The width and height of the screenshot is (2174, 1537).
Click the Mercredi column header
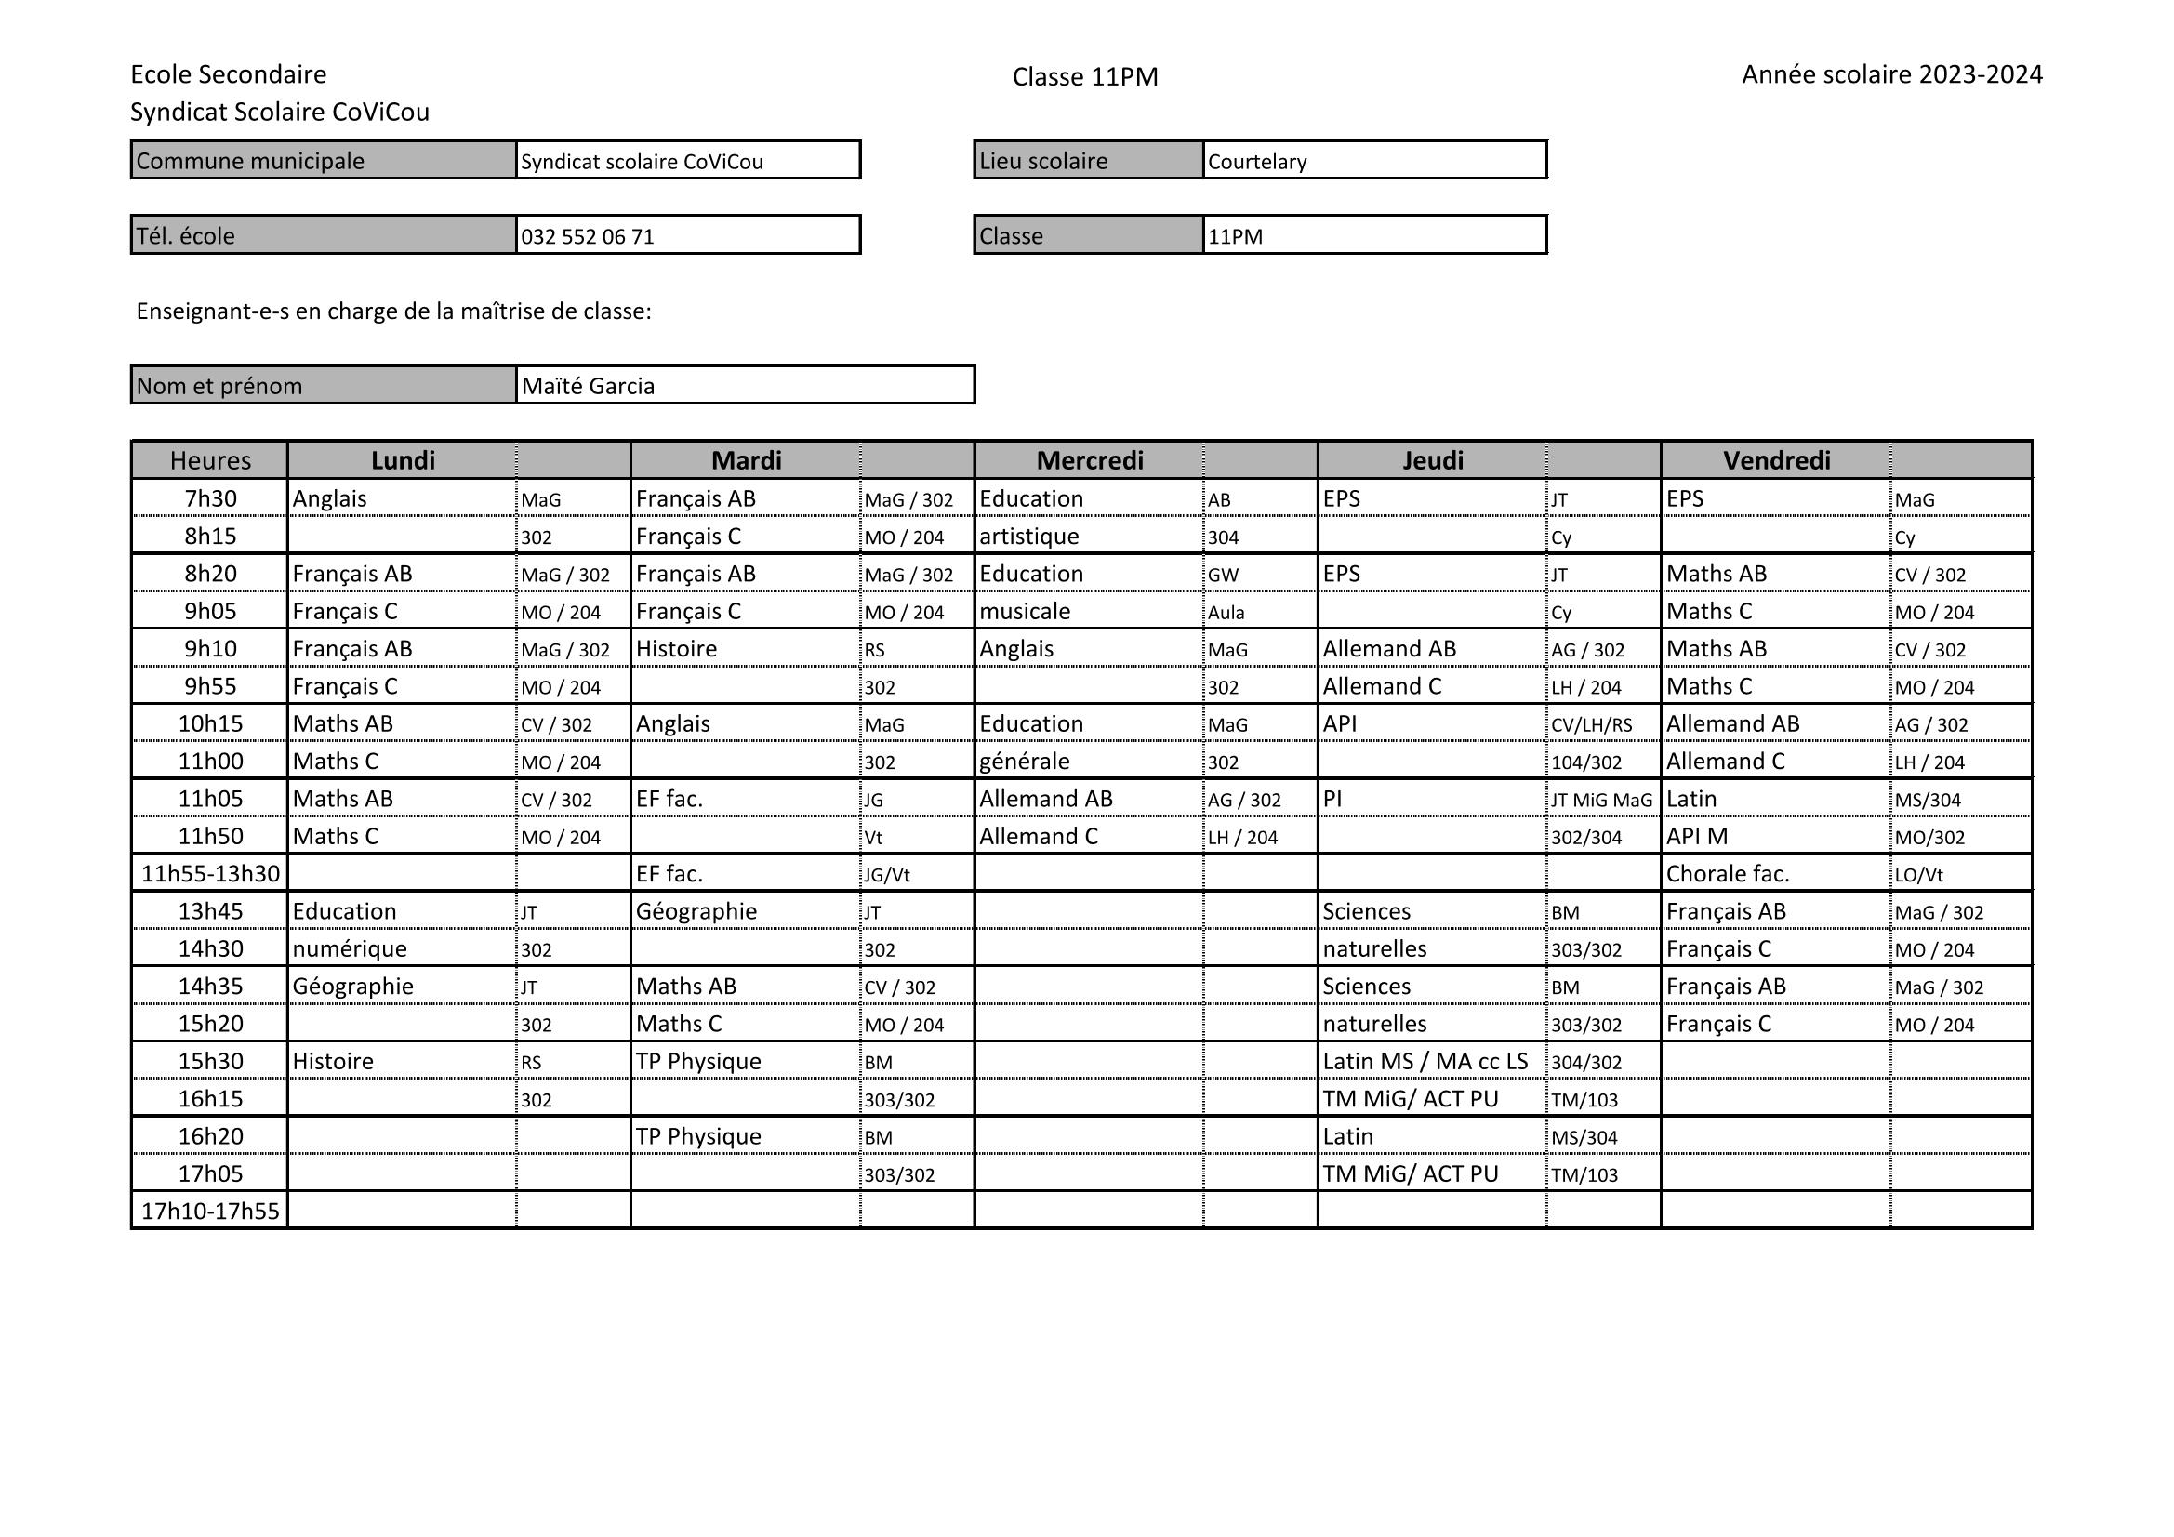[x=1089, y=460]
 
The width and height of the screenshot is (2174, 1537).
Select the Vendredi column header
[x=1775, y=460]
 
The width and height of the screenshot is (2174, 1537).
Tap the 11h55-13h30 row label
[x=210, y=873]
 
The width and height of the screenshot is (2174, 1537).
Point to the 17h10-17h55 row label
[x=210, y=1211]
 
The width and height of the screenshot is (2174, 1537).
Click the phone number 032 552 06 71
[x=587, y=236]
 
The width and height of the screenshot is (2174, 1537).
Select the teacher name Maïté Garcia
[x=587, y=386]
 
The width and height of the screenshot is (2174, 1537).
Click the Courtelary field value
[x=1256, y=161]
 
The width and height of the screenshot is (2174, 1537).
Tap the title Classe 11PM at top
[x=1084, y=76]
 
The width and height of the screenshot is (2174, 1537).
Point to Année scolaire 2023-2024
[x=1891, y=73]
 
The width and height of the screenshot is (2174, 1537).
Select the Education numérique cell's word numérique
[x=350, y=948]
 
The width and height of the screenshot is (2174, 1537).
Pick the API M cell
[x=1697, y=836]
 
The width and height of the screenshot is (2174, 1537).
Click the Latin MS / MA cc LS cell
[x=1425, y=1061]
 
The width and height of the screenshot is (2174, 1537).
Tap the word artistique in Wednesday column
[x=1028, y=536]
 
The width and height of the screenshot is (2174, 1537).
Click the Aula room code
[x=1226, y=612]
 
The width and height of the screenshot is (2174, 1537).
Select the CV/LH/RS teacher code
[x=1591, y=724]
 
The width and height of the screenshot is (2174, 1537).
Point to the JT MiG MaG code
[x=1600, y=800]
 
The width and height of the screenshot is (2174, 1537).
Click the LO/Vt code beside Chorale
[x=1918, y=874]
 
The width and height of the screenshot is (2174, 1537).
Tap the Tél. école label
[x=186, y=236]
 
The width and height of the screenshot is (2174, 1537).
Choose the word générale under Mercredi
[x=1024, y=762]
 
